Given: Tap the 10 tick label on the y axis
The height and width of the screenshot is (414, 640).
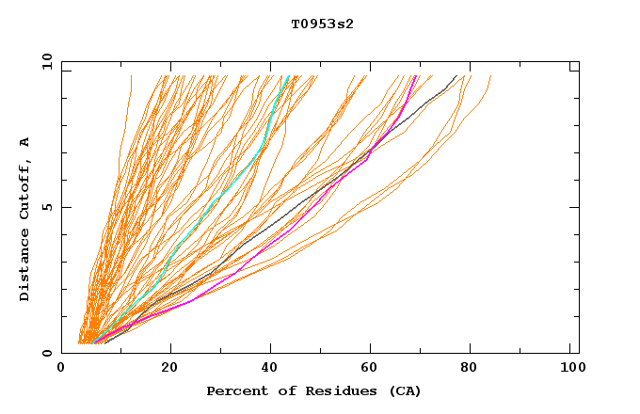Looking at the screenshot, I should [x=44, y=61].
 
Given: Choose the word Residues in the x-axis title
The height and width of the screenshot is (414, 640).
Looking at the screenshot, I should [x=333, y=390].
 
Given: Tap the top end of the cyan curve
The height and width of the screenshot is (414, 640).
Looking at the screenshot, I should [x=288, y=75].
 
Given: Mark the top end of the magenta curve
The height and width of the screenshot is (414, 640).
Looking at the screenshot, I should [x=416, y=75].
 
